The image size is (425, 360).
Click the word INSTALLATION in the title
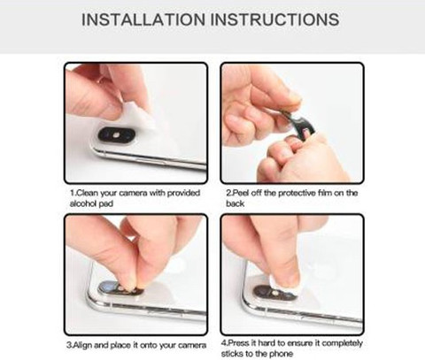pos(143,19)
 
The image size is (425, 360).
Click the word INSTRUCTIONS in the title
pos(275,19)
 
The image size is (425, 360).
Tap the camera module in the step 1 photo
pos(116,135)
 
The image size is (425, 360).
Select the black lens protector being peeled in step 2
pos(298,122)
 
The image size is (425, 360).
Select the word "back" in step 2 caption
pos(236,203)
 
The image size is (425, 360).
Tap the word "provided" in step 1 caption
pos(183,194)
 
